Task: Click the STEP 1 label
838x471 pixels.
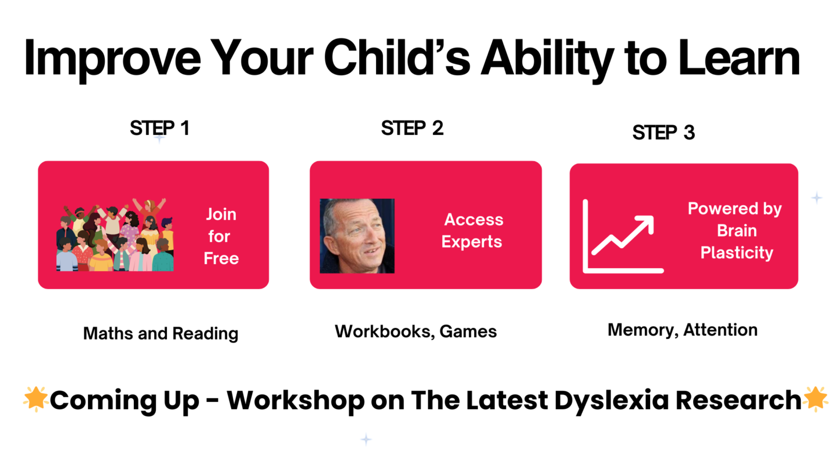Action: pos(159,128)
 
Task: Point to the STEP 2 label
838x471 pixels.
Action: pos(412,128)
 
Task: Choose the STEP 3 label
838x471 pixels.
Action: pos(663,133)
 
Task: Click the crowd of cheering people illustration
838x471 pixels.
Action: pos(115,235)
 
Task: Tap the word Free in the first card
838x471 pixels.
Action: pos(221,259)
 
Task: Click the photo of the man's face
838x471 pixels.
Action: pos(357,236)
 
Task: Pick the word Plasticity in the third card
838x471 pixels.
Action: pos(737,253)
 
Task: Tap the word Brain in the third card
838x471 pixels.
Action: pos(737,231)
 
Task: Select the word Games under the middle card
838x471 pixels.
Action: pos(468,331)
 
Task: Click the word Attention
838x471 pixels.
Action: pos(720,330)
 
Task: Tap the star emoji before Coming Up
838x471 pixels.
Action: pos(36,399)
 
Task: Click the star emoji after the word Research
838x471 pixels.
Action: pos(815,399)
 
